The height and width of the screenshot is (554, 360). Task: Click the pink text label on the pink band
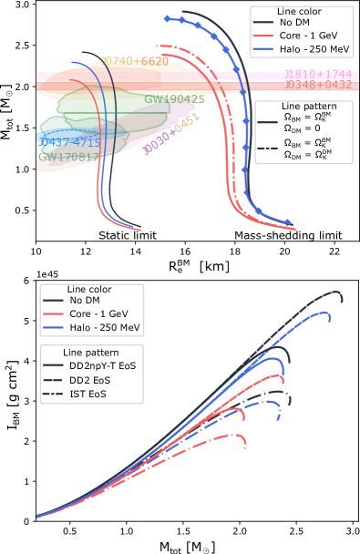coord(318,75)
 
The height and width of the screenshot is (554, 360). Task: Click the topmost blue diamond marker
coord(167,18)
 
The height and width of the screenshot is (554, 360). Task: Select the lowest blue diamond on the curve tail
coord(287,221)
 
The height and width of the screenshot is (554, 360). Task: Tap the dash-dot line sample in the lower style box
coord(53,395)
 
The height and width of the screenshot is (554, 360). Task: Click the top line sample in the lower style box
coord(53,364)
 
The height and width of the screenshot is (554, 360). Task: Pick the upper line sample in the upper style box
coord(267,121)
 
